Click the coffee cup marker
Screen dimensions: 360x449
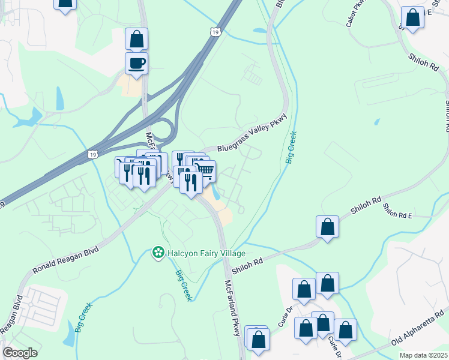(x=136, y=63)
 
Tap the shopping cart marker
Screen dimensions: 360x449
(x=205, y=171)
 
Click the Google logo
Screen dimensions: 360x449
(x=20, y=353)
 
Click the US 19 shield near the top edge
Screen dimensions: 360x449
(x=215, y=31)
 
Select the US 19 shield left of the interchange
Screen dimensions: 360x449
(x=92, y=154)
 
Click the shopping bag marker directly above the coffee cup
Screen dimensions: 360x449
(x=136, y=38)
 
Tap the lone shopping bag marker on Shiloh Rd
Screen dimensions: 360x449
(x=327, y=227)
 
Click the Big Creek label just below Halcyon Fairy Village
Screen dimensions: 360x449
(x=183, y=286)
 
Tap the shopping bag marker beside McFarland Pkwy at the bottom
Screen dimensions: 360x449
(x=259, y=339)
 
